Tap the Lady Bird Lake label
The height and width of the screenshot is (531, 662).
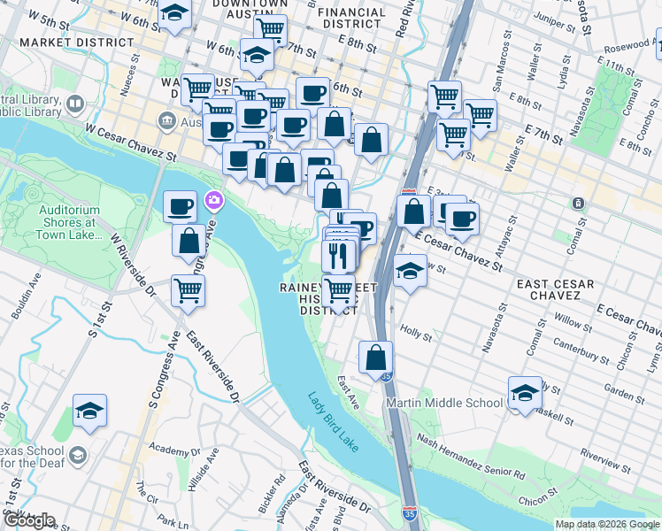tap(334, 423)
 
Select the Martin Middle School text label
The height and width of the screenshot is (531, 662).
tap(445, 404)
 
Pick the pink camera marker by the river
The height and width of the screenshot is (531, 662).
tap(212, 201)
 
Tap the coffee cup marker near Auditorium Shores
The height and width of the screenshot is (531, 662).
tap(180, 206)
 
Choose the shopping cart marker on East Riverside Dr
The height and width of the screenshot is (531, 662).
tap(188, 289)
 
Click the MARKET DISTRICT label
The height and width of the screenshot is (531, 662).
tap(77, 42)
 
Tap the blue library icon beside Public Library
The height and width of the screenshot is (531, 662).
tap(74, 105)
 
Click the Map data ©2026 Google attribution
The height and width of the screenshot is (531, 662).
tap(607, 524)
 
